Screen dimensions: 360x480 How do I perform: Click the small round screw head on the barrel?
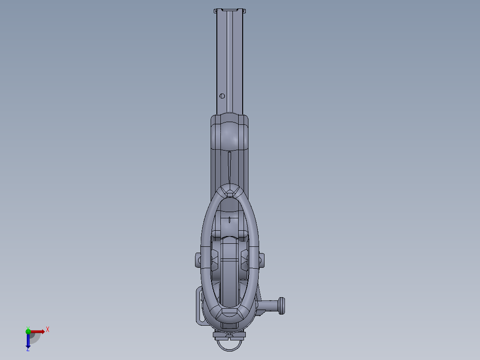pos(222,96)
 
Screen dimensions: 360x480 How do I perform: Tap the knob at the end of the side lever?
pos(281,306)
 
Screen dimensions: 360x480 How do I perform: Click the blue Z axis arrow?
pos(28,341)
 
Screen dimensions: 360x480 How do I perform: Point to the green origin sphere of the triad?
pos(28,331)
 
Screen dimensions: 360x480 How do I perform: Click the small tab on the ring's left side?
pos(198,259)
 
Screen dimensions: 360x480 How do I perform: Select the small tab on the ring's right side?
pos(261,259)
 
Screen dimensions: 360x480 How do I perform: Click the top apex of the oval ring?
pos(230,189)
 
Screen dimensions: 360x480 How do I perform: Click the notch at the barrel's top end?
pos(230,10)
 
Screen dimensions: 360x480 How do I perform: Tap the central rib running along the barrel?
pos(230,62)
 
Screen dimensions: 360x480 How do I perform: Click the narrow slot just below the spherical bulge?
pos(229,165)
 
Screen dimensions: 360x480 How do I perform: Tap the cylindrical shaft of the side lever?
pos(268,306)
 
